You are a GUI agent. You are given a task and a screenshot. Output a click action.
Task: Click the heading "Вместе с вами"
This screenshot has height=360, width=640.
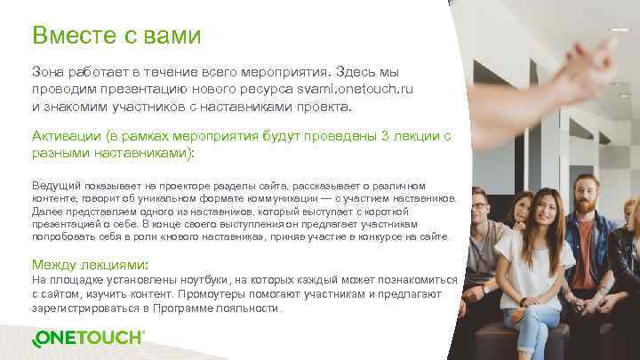116,36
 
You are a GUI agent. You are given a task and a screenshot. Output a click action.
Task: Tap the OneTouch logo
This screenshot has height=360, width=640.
88,338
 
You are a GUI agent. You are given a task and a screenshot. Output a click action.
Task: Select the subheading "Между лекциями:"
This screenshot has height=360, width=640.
90,265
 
